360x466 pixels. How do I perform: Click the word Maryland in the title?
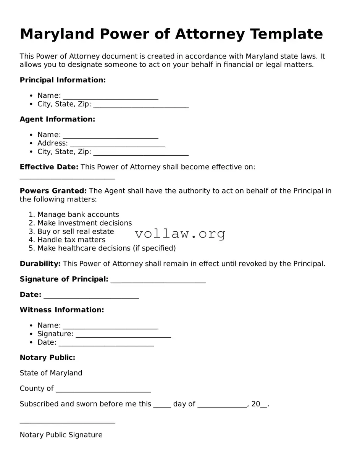coord(57,34)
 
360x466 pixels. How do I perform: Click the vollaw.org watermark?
coord(180,234)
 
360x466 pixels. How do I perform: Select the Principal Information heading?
coord(63,80)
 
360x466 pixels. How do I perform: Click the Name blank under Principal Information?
coord(110,96)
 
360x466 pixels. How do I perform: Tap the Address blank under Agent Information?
coord(117,144)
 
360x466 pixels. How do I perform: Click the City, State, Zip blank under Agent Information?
coord(140,152)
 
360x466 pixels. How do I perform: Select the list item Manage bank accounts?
coord(78,214)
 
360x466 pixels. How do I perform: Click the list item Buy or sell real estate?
coord(76,232)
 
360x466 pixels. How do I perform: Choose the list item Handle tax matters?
coord(71,240)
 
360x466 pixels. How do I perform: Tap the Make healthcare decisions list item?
coord(107,248)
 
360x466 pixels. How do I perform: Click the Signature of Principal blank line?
coord(158,280)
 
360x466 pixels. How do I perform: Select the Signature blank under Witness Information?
coord(123,335)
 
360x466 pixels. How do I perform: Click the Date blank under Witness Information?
coord(106,343)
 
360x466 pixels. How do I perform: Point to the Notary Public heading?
coord(47,358)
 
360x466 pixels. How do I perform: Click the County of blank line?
coord(103,389)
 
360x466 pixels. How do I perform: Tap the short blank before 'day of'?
coord(162,405)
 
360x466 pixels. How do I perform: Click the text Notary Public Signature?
coord(61,435)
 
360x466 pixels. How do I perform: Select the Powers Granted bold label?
coord(53,191)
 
